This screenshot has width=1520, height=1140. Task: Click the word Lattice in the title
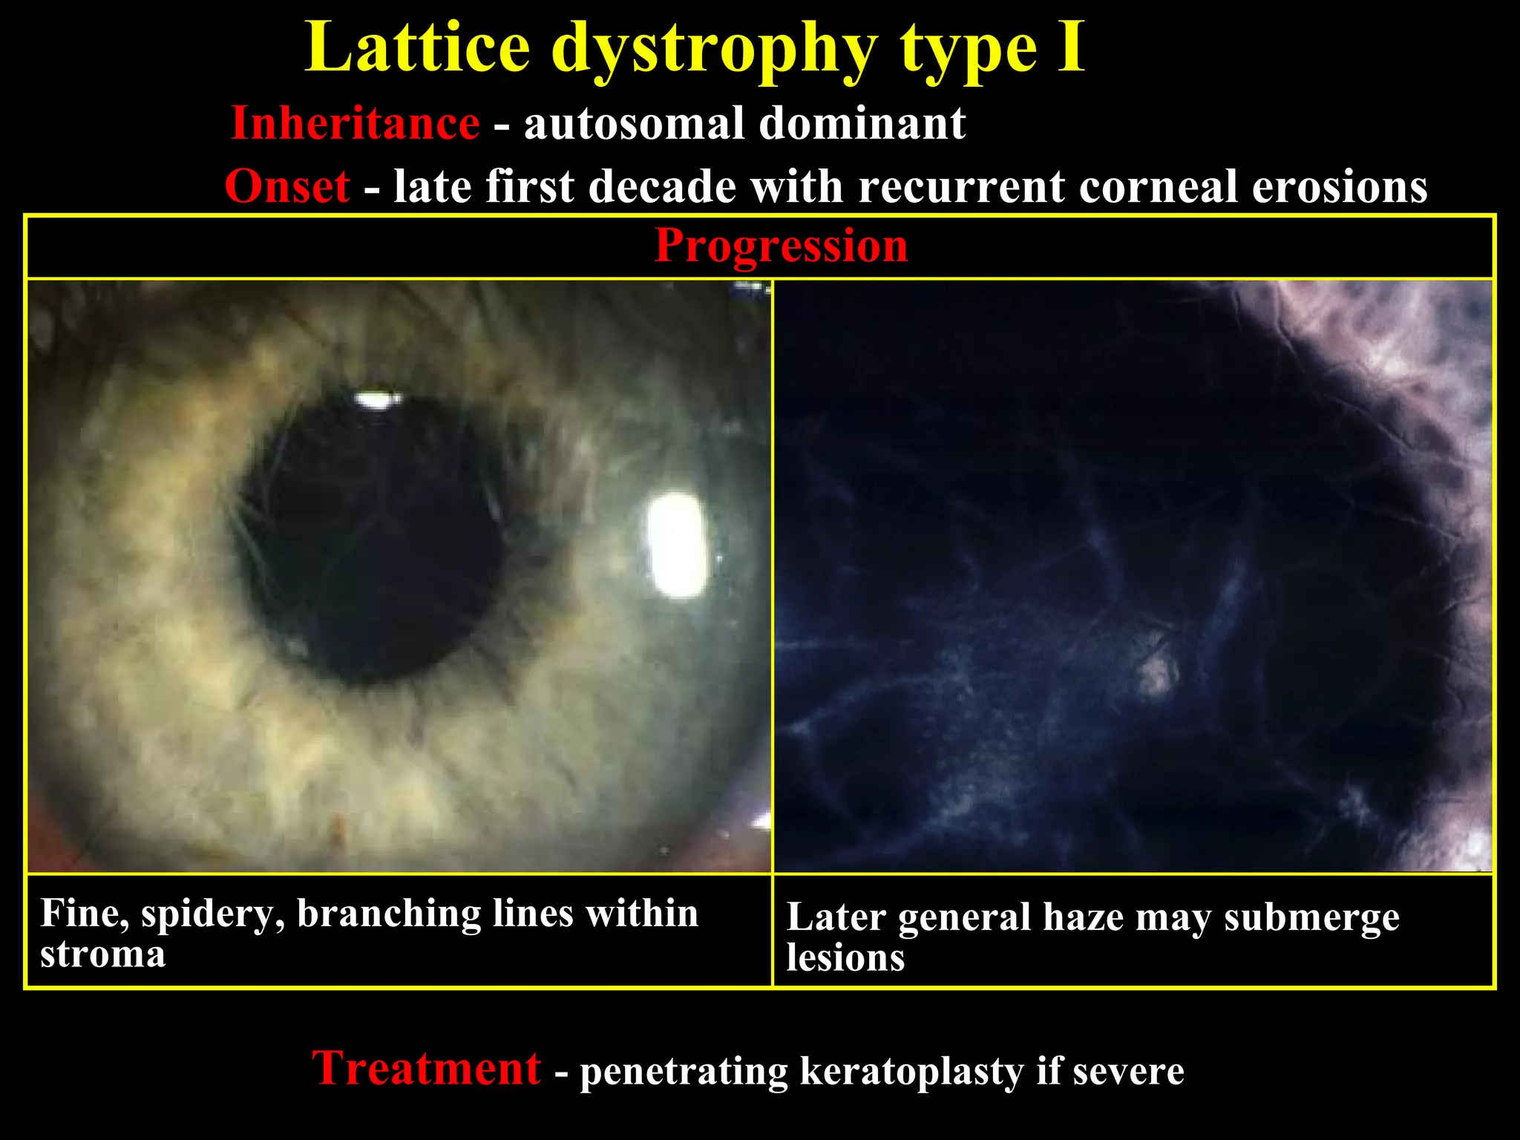click(417, 48)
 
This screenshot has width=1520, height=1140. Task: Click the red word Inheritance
click(355, 123)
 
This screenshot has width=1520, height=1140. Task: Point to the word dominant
click(862, 123)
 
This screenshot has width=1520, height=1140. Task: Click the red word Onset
click(287, 186)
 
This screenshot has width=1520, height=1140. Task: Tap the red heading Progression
click(781, 246)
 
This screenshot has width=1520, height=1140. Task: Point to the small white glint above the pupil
click(376, 401)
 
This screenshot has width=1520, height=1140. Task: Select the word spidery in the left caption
click(213, 914)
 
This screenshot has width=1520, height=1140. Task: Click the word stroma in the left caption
click(102, 954)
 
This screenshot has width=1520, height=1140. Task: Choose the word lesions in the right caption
click(845, 957)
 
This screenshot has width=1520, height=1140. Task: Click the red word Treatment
click(426, 1069)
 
